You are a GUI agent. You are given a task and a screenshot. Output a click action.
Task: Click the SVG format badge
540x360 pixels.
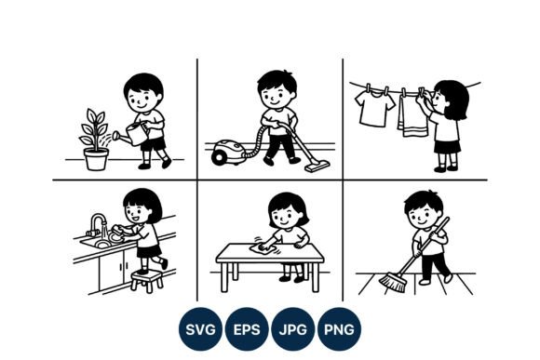200,329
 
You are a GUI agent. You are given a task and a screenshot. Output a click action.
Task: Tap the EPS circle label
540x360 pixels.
247,329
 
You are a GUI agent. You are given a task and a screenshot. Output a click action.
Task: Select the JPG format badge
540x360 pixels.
292,329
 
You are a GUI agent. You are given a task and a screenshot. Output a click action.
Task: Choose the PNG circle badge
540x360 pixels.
339,329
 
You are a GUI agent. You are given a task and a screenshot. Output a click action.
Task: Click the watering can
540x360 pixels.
132,134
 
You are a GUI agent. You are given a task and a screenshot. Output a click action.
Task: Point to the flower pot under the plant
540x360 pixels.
96,159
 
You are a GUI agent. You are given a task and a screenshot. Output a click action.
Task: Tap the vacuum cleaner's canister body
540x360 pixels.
228,152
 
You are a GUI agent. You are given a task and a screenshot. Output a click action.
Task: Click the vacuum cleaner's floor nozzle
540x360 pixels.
317,167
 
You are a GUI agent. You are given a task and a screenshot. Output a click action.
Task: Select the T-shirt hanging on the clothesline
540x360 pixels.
374,108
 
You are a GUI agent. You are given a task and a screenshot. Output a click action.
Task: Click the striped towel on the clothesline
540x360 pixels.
412,116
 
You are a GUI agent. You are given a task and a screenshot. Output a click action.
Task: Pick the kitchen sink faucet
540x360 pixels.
98,224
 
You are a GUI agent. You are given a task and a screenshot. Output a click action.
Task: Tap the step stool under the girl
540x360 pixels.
147,281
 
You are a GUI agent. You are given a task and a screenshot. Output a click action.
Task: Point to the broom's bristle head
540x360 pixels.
393,282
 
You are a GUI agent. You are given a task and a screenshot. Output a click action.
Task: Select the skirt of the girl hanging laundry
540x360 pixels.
447,147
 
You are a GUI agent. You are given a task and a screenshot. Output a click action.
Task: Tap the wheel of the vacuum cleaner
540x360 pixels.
219,158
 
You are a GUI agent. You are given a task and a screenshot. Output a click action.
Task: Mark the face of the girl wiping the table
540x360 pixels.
286,217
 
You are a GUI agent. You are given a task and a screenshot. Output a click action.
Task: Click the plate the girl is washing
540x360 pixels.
115,237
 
